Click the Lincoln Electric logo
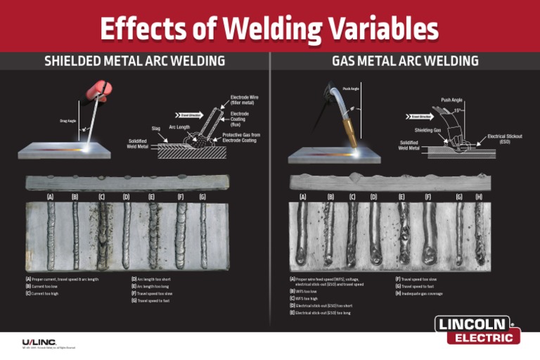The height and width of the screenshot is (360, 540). (478, 330)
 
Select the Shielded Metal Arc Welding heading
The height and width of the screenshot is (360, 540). (135, 61)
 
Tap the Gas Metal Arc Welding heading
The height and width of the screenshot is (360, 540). (405, 61)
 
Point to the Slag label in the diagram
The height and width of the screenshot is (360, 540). (156, 129)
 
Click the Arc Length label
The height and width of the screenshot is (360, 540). (179, 127)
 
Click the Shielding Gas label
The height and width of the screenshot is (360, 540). (427, 130)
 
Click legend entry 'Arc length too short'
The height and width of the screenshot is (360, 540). (153, 279)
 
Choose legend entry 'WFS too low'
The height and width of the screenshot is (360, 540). (304, 291)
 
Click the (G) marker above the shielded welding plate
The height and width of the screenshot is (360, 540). (202, 197)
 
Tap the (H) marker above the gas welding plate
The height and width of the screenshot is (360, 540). (479, 198)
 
